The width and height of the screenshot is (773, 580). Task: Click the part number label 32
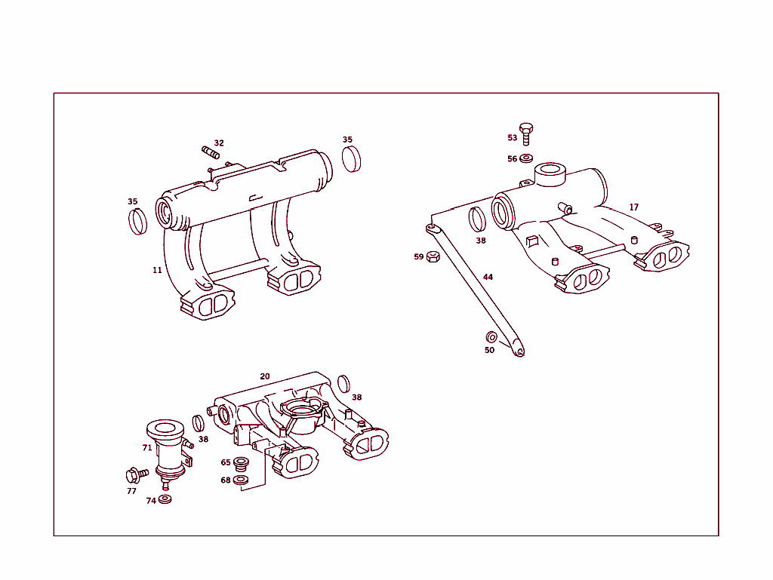(x=219, y=143)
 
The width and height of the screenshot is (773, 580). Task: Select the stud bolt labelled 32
(x=211, y=152)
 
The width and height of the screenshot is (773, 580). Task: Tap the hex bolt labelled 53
(x=526, y=134)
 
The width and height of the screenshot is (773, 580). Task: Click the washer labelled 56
(x=526, y=158)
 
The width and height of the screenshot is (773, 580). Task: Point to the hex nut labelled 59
(x=433, y=256)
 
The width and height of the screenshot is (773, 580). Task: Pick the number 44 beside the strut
(x=488, y=278)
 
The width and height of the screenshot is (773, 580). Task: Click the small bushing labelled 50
(x=491, y=337)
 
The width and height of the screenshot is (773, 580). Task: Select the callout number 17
(x=634, y=207)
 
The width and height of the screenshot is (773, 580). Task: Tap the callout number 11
(x=157, y=270)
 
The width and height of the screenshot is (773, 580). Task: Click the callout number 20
(x=265, y=376)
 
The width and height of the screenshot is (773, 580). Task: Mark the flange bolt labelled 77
(x=137, y=475)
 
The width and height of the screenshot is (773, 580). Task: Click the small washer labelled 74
(x=165, y=499)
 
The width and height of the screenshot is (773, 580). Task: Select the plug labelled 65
(x=241, y=464)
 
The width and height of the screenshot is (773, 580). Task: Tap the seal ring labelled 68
(x=241, y=480)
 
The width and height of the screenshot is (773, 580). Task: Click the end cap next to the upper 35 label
(x=352, y=159)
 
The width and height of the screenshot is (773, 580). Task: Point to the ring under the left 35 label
(x=137, y=222)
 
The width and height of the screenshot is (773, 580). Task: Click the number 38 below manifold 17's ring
(x=481, y=241)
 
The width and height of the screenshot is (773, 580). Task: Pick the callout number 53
(x=513, y=138)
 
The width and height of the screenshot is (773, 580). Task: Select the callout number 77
(x=131, y=491)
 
